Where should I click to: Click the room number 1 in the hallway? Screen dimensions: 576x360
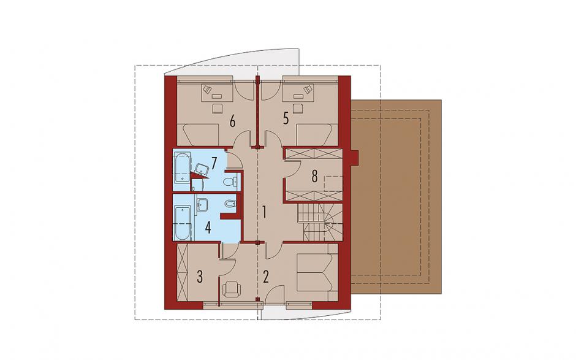264,213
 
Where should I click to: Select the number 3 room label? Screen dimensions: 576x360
200,277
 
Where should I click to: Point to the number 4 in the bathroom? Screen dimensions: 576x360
208,228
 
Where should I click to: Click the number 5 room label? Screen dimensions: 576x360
286,120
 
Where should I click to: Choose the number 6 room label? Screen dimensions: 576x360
232,120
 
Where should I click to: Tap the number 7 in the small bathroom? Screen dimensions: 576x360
214,161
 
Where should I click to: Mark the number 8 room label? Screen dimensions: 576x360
314,177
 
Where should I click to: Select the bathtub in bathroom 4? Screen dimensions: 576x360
183,223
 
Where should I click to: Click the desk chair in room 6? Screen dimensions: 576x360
218,108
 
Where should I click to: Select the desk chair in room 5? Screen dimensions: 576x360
298,108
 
